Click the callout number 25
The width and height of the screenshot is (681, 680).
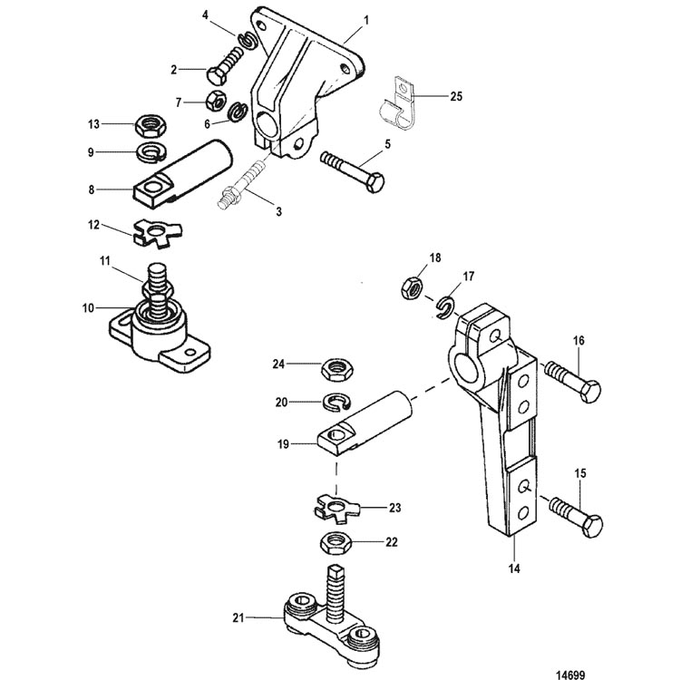tap(456, 96)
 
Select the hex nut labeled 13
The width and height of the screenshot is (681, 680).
tap(151, 125)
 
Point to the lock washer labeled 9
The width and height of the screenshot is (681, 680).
tap(151, 152)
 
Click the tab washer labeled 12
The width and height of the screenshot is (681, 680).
tap(158, 233)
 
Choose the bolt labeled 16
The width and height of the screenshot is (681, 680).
tap(572, 381)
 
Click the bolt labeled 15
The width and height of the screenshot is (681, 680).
tap(576, 516)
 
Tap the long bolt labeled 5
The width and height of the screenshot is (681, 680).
tap(353, 170)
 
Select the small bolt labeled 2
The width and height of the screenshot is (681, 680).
tap(224, 65)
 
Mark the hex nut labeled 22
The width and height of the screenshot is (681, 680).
tap(336, 543)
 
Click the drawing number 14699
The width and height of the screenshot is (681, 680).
tap(570, 675)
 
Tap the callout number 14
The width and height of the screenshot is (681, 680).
tap(514, 568)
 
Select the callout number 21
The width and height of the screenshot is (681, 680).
tap(238, 617)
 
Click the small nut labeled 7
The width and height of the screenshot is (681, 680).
tap(215, 102)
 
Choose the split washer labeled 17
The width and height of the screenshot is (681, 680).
tap(445, 308)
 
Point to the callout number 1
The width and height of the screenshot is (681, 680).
tap(366, 20)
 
